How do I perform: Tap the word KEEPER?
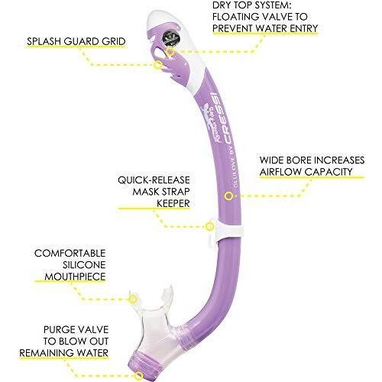pyautogui.click(x=173, y=203)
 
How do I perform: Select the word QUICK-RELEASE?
pyautogui.click(x=154, y=180)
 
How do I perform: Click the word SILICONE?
pyautogui.click(x=84, y=265)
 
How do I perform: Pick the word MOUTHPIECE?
pyautogui.click(x=75, y=277)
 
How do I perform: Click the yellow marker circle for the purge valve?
pyautogui.click(x=139, y=376)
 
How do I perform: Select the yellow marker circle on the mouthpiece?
pyautogui.click(x=133, y=299)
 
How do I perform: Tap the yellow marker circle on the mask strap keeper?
pyautogui.click(x=209, y=226)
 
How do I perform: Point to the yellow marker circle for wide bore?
pyautogui.click(x=228, y=196)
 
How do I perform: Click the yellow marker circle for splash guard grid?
pyautogui.click(x=158, y=65)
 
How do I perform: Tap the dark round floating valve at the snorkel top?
pyautogui.click(x=171, y=38)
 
